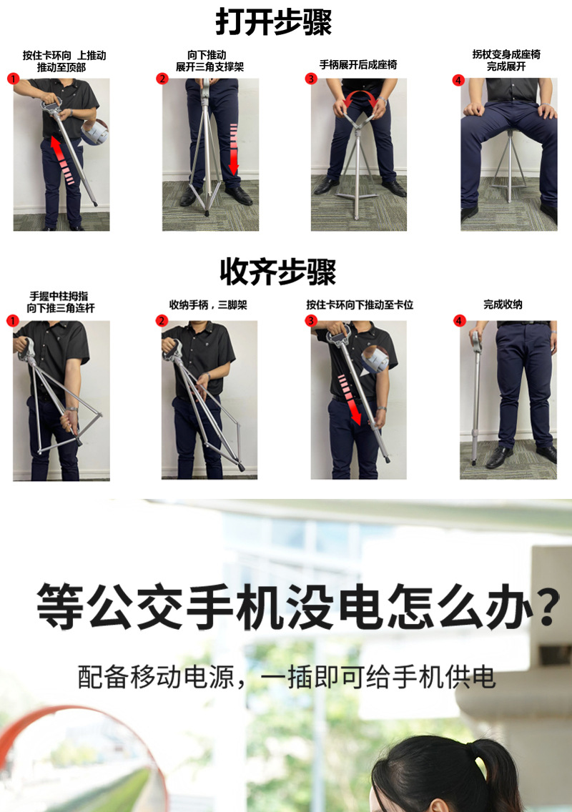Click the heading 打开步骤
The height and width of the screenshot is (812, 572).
(x=274, y=22)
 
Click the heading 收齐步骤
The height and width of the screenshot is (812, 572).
(x=277, y=272)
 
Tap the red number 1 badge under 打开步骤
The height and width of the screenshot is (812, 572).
(x=12, y=79)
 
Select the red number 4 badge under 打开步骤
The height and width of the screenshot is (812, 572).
(x=458, y=79)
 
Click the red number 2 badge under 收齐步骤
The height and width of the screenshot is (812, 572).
(x=162, y=321)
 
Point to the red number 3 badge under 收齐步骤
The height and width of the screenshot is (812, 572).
(x=311, y=321)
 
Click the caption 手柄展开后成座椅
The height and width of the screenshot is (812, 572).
(x=357, y=64)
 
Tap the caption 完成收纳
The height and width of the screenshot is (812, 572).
(x=503, y=304)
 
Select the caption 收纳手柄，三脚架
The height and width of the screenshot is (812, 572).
(x=207, y=304)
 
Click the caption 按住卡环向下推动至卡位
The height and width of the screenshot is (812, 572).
(x=360, y=304)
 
